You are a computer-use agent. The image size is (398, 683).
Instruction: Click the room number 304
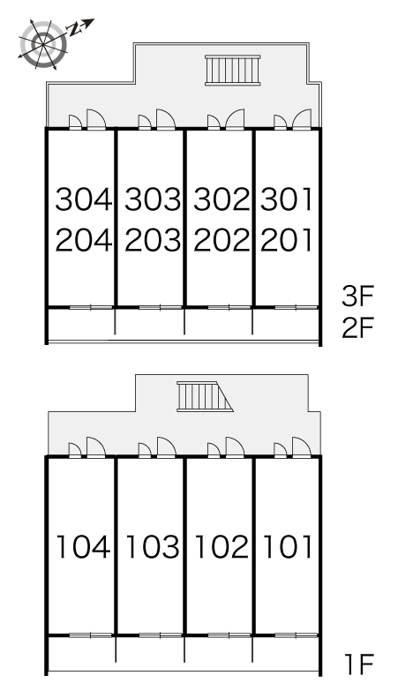(84, 199)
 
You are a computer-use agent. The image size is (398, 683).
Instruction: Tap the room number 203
(153, 240)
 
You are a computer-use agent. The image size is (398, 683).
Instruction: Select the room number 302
(222, 199)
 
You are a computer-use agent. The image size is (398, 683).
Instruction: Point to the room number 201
(287, 240)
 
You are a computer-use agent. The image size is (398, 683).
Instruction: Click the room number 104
(83, 546)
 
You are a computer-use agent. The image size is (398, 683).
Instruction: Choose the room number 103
(153, 546)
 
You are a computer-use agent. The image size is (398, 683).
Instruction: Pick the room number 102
(222, 546)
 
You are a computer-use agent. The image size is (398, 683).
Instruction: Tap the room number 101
(288, 546)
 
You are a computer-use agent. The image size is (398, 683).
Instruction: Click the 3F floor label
(358, 296)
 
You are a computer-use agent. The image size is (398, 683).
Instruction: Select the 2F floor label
(358, 328)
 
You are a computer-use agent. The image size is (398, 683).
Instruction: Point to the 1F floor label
(360, 664)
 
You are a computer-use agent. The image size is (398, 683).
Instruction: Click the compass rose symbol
(43, 44)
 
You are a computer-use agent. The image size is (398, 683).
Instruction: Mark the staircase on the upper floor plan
(232, 70)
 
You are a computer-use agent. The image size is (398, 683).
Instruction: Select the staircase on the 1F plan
(205, 396)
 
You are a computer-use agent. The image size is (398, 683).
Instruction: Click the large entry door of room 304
(96, 119)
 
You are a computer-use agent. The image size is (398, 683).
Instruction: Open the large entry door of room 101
(302, 447)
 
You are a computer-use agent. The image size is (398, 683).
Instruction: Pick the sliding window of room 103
(161, 635)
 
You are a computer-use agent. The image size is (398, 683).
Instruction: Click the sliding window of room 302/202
(229, 307)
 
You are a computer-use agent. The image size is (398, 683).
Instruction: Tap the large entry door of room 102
(235, 447)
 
